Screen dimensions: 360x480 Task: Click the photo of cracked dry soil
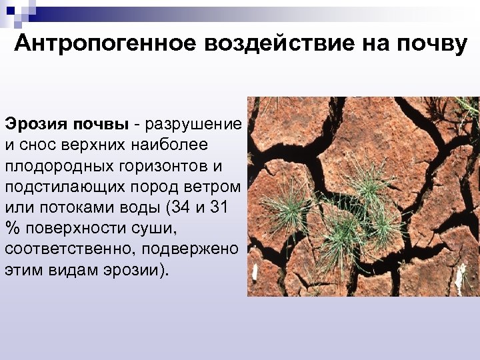point(363,197)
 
